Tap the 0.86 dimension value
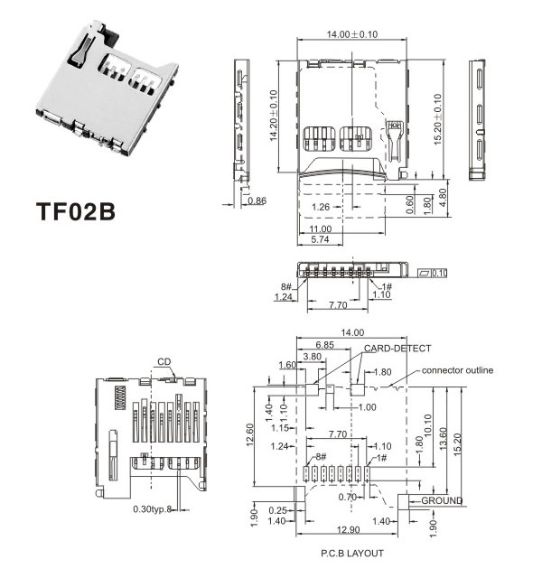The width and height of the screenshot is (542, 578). (x=257, y=200)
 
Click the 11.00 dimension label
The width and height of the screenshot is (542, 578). (x=320, y=229)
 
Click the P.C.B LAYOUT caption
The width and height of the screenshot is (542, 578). (x=352, y=553)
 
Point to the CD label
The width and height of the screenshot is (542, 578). (x=164, y=362)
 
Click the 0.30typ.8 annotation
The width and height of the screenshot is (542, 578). (x=152, y=509)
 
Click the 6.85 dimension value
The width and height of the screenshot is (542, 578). (x=326, y=345)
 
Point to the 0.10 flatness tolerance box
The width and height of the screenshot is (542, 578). (x=433, y=273)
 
